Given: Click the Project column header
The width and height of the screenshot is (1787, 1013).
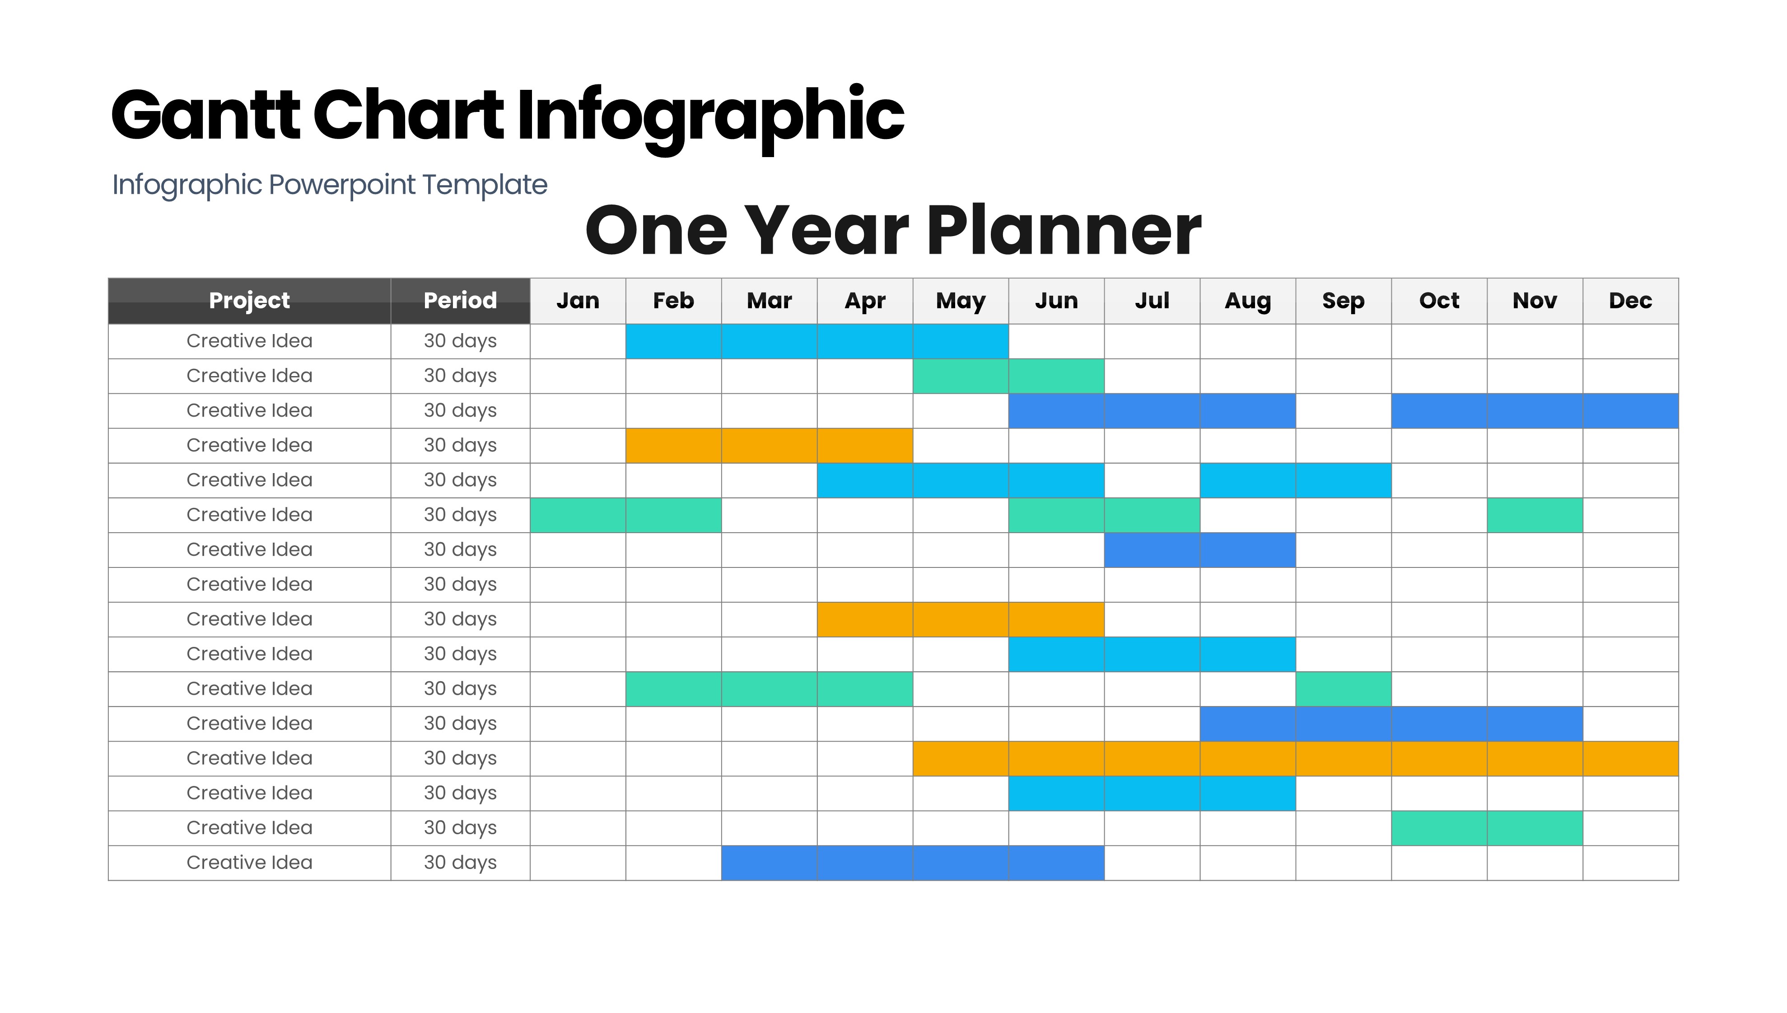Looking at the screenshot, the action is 249,301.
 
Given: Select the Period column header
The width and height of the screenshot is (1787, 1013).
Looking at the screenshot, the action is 460,301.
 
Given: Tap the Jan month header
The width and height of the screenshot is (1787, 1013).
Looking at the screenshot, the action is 578,301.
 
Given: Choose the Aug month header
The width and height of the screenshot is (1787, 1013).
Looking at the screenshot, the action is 1248,301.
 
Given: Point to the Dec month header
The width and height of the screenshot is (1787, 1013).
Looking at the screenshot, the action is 1630,301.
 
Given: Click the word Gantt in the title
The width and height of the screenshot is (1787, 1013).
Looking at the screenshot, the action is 205,115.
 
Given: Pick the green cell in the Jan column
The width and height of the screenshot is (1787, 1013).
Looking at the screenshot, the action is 578,515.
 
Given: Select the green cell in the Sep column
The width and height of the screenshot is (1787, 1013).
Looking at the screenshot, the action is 1343,689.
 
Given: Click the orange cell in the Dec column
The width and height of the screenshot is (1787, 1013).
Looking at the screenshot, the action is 1630,758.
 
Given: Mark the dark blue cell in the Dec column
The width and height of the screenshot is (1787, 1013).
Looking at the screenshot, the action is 1630,410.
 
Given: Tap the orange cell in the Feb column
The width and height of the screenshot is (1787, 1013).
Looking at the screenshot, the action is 674,445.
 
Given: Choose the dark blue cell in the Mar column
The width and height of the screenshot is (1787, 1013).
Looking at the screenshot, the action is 769,863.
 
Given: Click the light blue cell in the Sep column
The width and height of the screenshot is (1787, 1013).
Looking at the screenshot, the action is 1343,480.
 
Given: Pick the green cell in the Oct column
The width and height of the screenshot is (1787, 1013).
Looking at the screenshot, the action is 1439,828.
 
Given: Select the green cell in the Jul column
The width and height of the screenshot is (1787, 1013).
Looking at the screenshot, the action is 1152,515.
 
